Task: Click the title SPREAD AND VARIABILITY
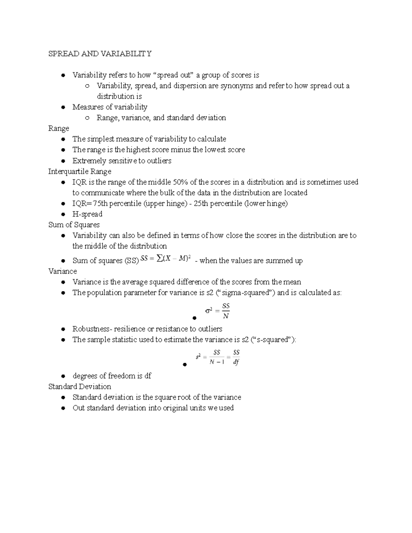(100, 54)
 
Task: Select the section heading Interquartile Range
(80, 171)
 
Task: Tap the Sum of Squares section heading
(74, 225)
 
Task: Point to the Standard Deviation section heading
(80, 386)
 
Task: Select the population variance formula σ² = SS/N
(217, 311)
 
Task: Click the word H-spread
(87, 214)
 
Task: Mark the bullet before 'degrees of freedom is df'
(63, 376)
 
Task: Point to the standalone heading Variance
(62, 271)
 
